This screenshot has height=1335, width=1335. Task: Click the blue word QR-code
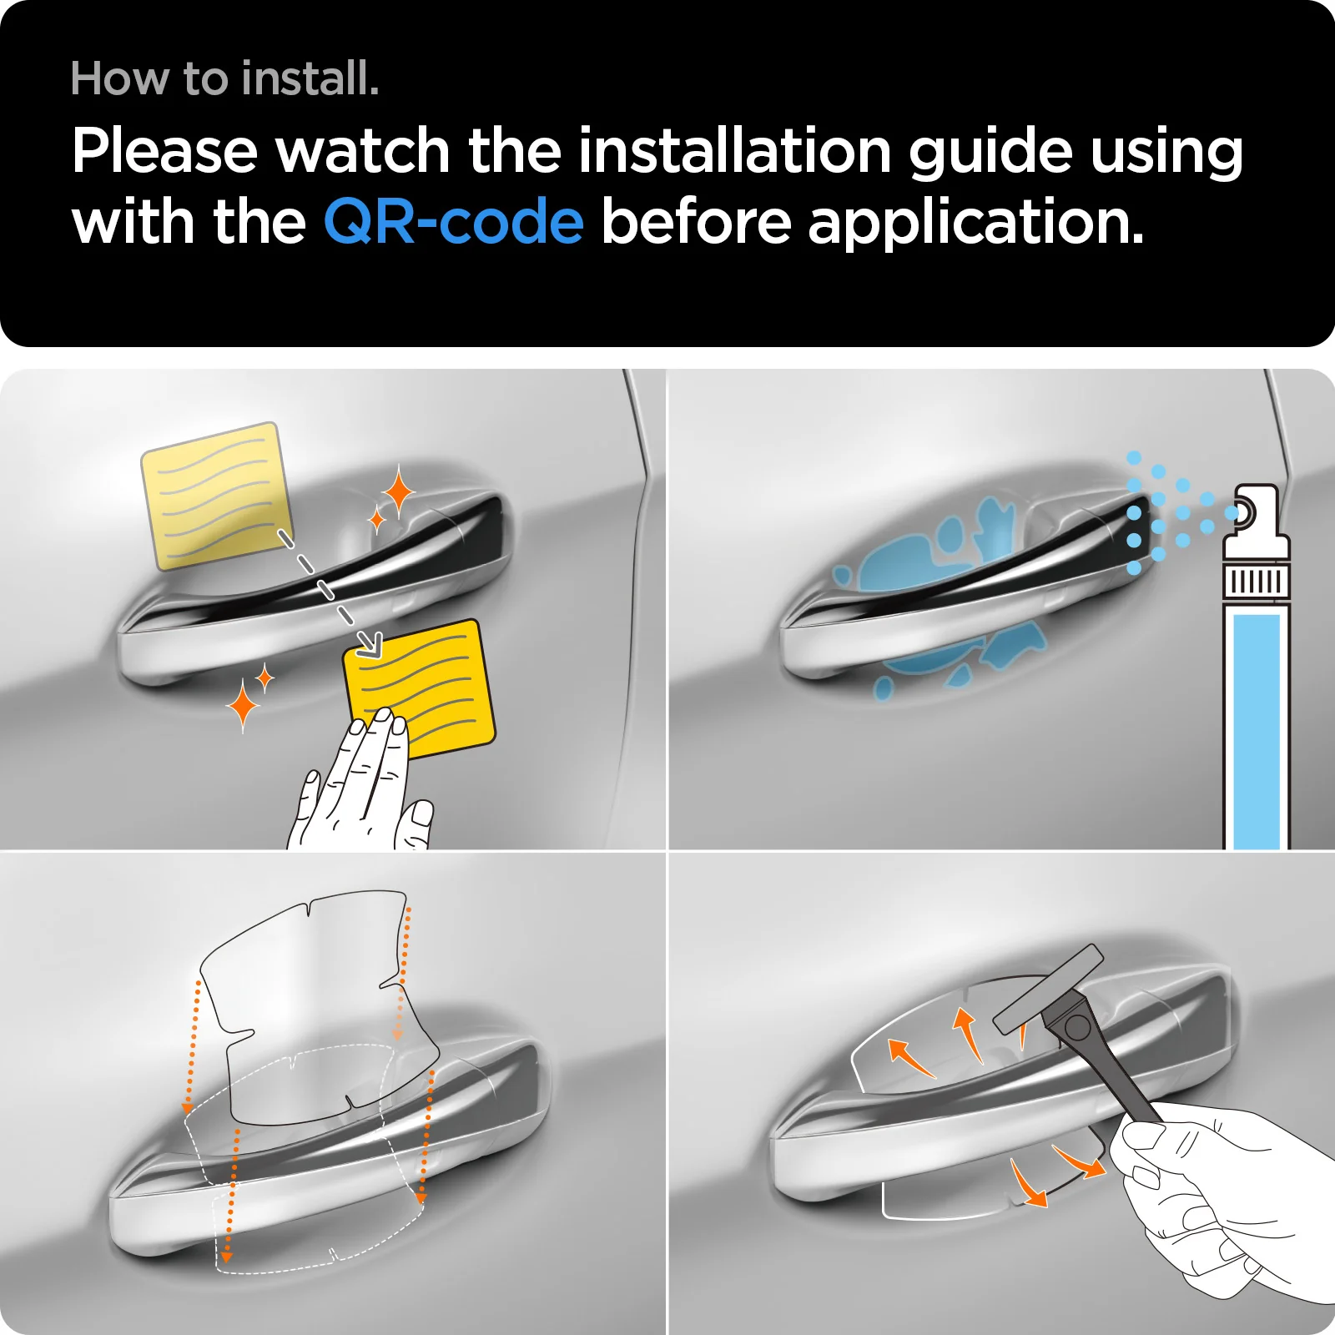pos(453,222)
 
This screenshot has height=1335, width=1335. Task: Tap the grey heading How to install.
pos(225,78)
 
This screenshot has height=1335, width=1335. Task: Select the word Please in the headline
pos(165,151)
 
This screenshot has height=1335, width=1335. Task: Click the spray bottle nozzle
pos(1244,511)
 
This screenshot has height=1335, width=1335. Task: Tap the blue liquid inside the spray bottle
pos(1256,730)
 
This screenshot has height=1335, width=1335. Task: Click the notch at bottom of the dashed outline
pos(333,1254)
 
